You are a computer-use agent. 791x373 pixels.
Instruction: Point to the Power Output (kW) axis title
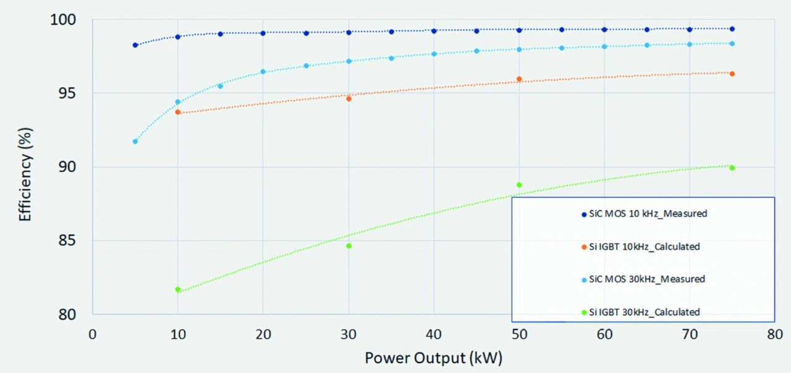point(433,358)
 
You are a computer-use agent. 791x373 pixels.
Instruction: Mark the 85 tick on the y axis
point(67,241)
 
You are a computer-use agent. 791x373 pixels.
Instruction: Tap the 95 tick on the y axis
point(67,93)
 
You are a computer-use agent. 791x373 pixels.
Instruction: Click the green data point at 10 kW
point(178,289)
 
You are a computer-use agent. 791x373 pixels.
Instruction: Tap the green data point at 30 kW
point(349,246)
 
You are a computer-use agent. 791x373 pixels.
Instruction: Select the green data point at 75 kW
point(732,168)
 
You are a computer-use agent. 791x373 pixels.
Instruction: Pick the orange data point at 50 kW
point(519,79)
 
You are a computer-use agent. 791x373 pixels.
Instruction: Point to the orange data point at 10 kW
point(178,112)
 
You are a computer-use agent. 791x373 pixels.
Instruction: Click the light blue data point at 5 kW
point(135,142)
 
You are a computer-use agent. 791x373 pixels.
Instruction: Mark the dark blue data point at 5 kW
point(135,45)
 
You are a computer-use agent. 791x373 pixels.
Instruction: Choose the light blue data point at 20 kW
point(263,72)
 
